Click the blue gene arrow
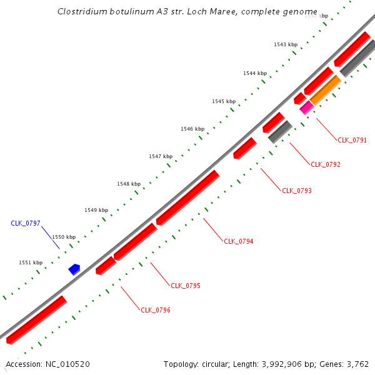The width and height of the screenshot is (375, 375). click(74, 269)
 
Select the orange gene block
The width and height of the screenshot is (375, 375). click(326, 91)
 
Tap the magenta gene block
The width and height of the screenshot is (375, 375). click(306, 108)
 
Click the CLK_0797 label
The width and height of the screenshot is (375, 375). click(26, 223)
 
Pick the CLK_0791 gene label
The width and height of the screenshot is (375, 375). click(352, 140)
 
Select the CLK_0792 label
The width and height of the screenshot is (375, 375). click(325, 165)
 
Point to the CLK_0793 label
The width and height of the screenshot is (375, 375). click(296, 191)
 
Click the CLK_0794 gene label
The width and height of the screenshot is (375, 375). click(238, 241)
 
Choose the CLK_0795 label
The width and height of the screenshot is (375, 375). click(185, 286)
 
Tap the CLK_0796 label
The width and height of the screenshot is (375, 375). click(156, 310)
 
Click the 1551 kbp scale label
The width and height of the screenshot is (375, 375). click(31, 263)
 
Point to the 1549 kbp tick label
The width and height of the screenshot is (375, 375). click(96, 211)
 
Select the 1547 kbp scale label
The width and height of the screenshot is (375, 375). click(161, 156)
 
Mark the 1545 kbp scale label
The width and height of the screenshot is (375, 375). click(224, 101)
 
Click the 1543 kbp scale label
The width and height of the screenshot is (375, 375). click(286, 45)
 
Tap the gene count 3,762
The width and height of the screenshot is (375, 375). click(357, 364)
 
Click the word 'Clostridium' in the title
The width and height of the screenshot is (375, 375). click(81, 12)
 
